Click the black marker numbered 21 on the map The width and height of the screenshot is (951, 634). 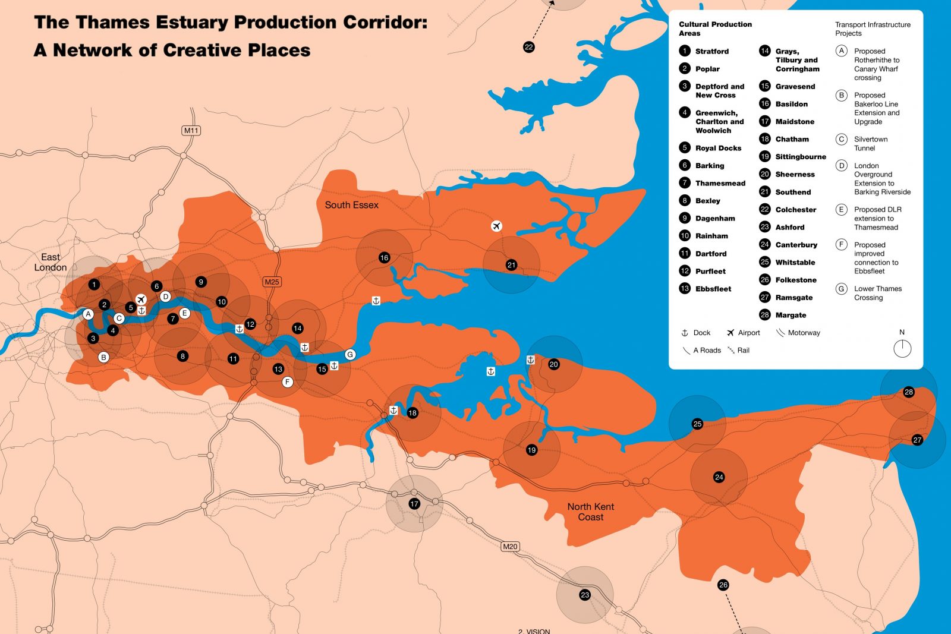511,265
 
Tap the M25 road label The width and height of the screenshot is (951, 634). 272,282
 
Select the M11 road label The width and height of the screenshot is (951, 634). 191,130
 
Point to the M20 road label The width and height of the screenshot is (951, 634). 510,546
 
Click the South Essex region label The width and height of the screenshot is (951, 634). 351,205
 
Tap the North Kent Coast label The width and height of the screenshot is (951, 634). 590,512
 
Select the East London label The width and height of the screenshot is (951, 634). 50,262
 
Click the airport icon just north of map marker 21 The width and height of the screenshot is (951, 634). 496,226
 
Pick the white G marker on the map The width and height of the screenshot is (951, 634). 350,354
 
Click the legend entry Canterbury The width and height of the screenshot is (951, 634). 796,245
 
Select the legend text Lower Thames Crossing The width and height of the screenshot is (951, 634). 877,293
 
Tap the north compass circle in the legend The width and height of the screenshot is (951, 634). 902,349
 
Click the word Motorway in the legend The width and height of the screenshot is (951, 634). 804,333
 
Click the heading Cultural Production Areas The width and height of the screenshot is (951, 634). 715,29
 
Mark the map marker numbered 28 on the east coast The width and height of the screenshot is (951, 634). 908,392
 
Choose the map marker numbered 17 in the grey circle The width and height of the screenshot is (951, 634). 414,504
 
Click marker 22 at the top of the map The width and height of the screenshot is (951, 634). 528,47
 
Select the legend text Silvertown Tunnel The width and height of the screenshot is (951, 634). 870,143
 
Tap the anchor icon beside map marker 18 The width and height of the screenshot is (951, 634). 393,411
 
